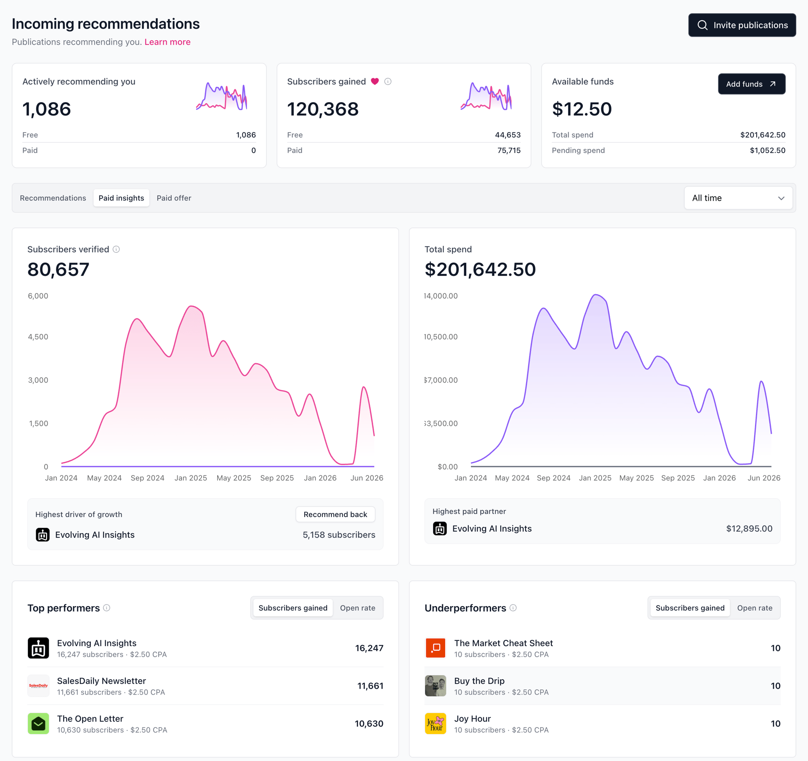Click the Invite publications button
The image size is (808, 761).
pos(742,25)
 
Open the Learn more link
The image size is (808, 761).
pos(167,42)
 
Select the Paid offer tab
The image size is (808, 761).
pos(174,198)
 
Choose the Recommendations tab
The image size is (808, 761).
pos(53,198)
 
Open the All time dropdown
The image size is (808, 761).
pos(738,198)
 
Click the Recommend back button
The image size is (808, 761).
pos(335,514)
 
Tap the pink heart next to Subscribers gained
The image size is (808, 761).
pos(375,82)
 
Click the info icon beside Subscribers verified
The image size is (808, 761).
pos(116,249)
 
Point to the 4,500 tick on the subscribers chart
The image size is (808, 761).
pos(38,337)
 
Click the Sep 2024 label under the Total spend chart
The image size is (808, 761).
pos(553,478)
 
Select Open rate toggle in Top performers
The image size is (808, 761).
pos(358,608)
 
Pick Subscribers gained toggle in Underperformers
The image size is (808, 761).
pos(690,608)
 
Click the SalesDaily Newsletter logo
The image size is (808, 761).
pos(38,686)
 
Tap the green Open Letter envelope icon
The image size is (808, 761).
pos(38,724)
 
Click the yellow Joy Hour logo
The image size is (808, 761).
pos(436,724)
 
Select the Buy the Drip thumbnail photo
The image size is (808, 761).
pos(436,686)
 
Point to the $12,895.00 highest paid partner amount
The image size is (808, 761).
pos(749,529)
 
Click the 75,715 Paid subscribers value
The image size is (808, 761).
pos(509,151)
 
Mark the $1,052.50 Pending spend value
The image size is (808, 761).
pos(767,151)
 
